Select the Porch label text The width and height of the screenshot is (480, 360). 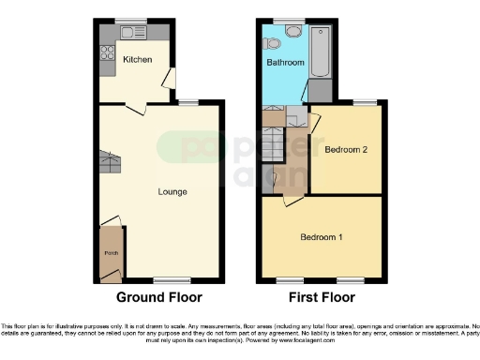[111, 252]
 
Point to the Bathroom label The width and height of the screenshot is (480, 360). [285, 63]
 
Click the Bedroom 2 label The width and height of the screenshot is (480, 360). [344, 150]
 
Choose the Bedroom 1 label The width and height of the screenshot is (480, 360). [321, 236]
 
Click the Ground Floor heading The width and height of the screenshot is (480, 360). [159, 298]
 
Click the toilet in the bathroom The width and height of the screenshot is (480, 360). [273, 42]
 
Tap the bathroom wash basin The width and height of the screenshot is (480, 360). [292, 30]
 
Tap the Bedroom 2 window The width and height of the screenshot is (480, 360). [365, 102]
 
